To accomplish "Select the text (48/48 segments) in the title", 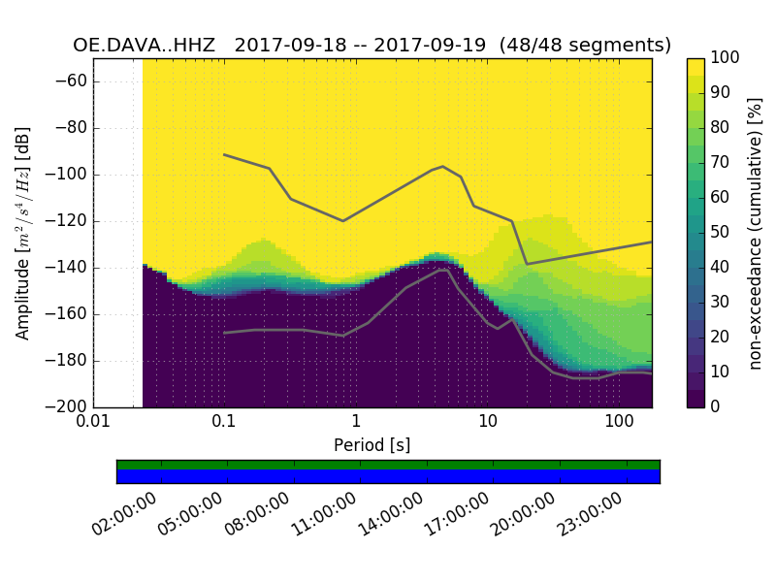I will (585, 45).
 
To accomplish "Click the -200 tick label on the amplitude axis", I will (69, 406).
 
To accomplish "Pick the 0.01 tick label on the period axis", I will (93, 422).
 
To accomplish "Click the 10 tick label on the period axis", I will (487, 422).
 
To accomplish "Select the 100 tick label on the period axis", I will (619, 422).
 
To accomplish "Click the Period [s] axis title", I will (372, 445).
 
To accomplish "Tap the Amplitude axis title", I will (23, 233).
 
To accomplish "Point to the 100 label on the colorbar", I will (725, 58).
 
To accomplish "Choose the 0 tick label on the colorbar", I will (716, 406).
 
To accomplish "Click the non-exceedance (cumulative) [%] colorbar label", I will (756, 233).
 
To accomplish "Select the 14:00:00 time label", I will (390, 515).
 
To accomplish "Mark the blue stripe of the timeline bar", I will (388, 476).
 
